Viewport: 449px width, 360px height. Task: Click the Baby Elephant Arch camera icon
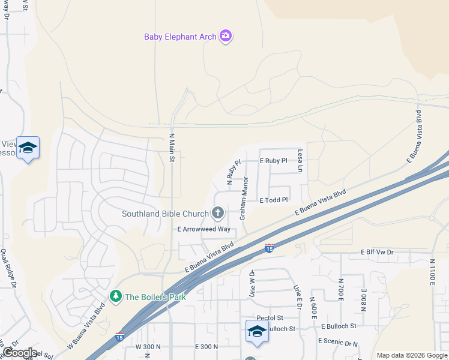pos(226,37)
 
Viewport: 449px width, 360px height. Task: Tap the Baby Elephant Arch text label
pos(179,37)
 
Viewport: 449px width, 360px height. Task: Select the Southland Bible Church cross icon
pos(217,213)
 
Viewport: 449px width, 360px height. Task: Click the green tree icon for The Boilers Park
pos(115,296)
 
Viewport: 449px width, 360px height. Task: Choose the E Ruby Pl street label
pos(274,161)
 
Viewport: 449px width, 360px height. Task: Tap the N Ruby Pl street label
pos(233,171)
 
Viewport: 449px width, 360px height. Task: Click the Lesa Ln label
pos(301,161)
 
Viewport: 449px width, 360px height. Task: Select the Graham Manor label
pos(244,202)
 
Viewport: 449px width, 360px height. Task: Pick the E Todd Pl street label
pos(274,200)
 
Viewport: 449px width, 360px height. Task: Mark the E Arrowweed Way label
pos(204,229)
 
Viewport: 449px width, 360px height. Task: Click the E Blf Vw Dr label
pos(376,253)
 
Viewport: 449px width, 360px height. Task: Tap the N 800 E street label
pos(364,298)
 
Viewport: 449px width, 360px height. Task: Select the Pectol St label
pos(270,317)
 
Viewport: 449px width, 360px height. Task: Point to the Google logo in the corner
pos(20,352)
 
